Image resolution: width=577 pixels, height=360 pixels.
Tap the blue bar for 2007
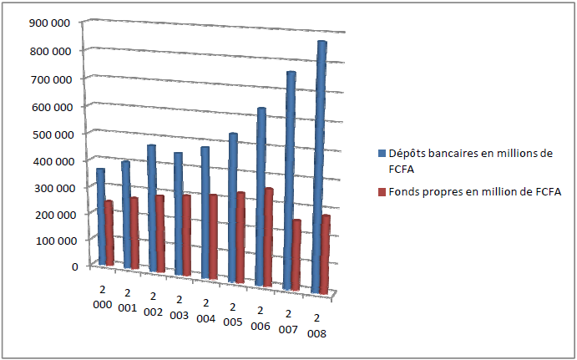289,180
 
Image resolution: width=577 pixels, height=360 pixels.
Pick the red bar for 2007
296,255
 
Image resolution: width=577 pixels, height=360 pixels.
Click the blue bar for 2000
101,217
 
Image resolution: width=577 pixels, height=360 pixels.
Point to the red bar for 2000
109,234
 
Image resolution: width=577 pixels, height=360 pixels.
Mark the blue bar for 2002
152,209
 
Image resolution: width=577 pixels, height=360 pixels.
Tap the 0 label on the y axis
73,266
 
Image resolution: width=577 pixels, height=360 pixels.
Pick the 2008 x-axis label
315,325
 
